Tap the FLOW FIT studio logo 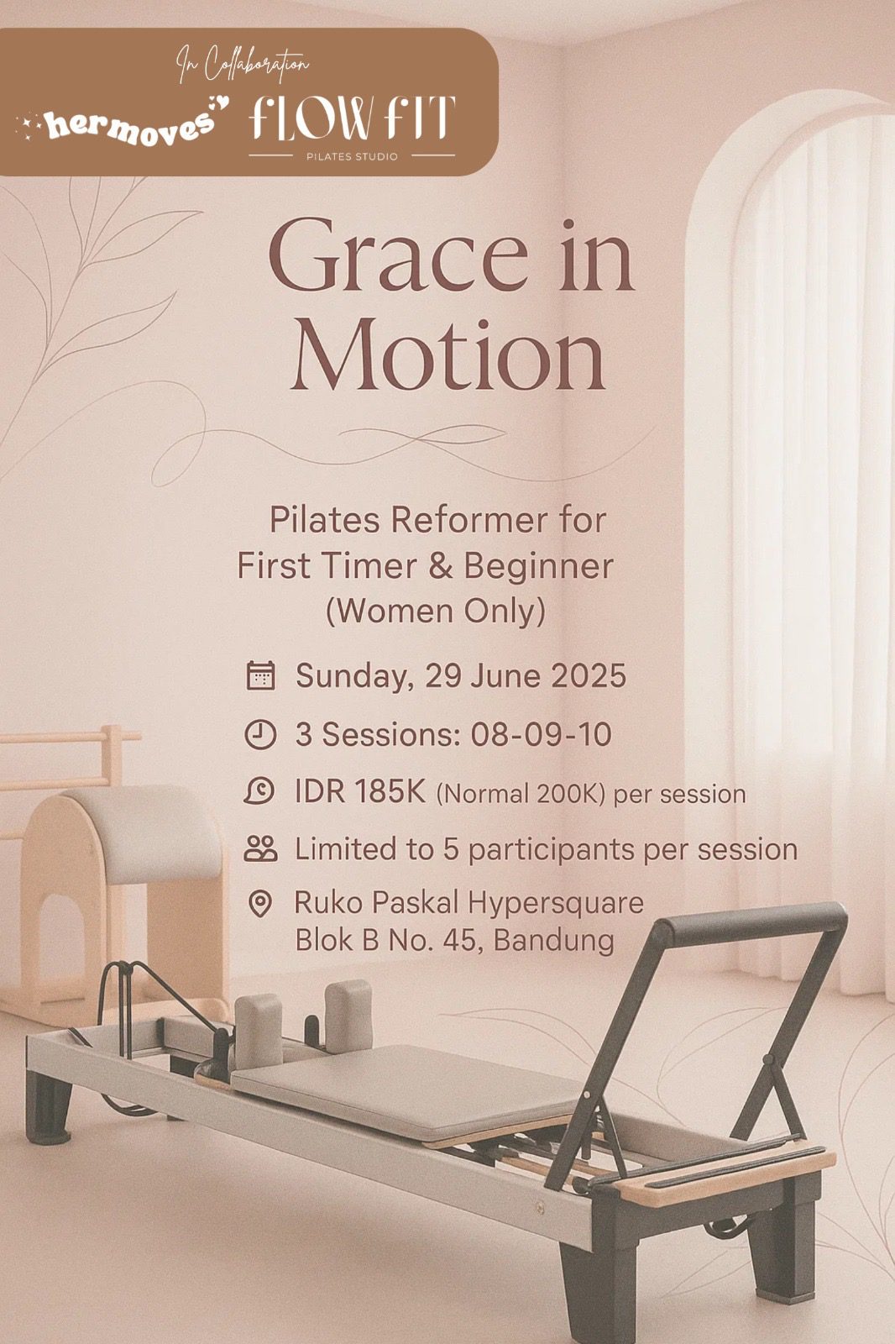point(352,127)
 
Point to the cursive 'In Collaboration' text point(243,64)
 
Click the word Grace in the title point(398,255)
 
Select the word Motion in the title point(448,354)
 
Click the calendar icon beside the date point(261,675)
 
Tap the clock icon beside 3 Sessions point(260,734)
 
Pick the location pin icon point(259,903)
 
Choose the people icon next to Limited point(261,848)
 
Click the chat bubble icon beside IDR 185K point(259,791)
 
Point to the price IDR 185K point(360,792)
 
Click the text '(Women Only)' point(436,612)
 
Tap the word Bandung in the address point(553,941)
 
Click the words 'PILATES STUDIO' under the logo point(352,156)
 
